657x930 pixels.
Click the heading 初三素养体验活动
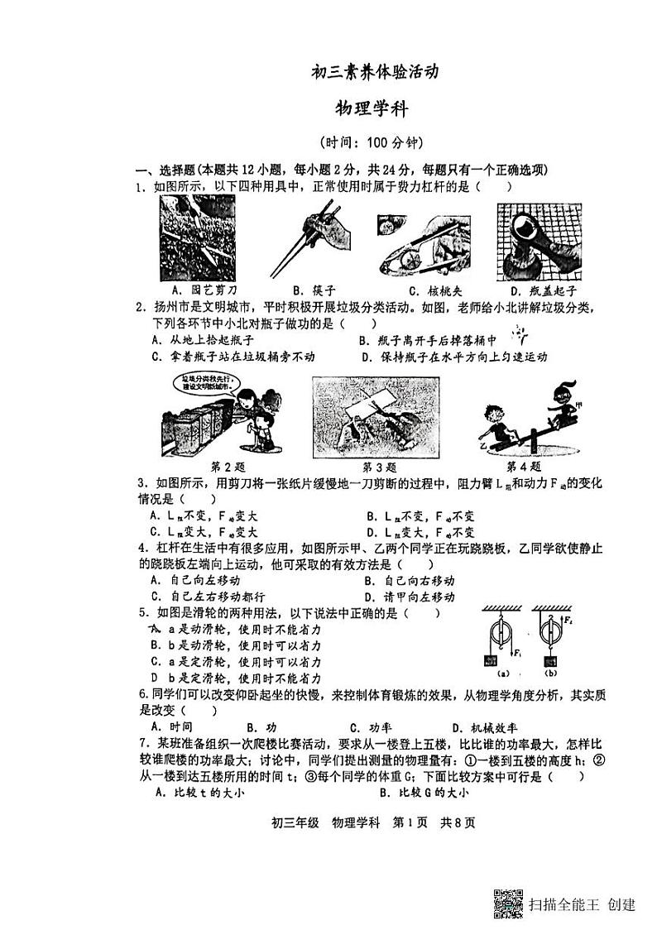pyautogui.click(x=373, y=72)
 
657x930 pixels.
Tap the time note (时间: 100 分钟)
pyautogui.click(x=372, y=141)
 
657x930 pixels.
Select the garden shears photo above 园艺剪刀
pyautogui.click(x=198, y=241)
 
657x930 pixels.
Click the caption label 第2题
pyautogui.click(x=228, y=466)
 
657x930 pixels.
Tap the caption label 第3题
pyautogui.click(x=381, y=466)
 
